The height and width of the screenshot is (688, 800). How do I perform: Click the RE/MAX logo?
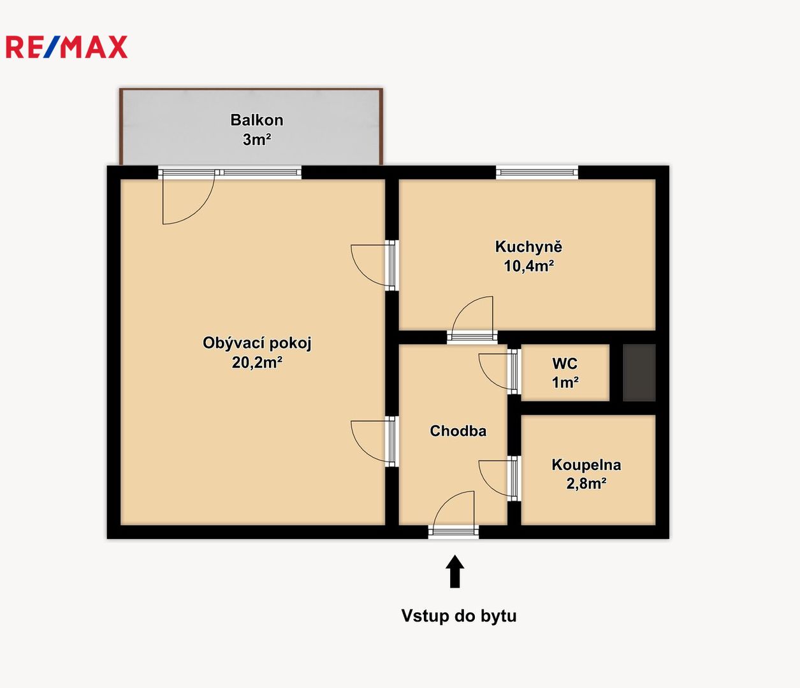pos(66,47)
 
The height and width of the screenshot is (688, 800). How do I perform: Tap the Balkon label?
pos(257,120)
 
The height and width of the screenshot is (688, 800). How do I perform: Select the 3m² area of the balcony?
pos(257,140)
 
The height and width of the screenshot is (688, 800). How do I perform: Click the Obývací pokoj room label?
pos(257,343)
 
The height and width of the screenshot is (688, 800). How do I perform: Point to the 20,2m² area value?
pos(257,362)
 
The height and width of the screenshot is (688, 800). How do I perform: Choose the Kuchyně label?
pos(528,247)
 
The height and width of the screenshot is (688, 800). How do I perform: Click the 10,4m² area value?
pos(528,266)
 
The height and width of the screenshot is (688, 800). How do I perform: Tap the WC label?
pos(565,364)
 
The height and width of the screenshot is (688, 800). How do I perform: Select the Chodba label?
pos(458,431)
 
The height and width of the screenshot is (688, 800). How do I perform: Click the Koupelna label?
pos(586,464)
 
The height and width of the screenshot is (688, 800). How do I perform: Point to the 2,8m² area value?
pos(586,484)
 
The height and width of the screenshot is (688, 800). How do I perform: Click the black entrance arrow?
pos(455,571)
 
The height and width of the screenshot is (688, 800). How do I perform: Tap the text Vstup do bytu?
pos(458,615)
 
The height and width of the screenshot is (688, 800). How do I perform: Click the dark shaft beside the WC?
pos(639,373)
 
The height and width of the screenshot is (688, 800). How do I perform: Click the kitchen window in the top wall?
pos(537,172)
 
